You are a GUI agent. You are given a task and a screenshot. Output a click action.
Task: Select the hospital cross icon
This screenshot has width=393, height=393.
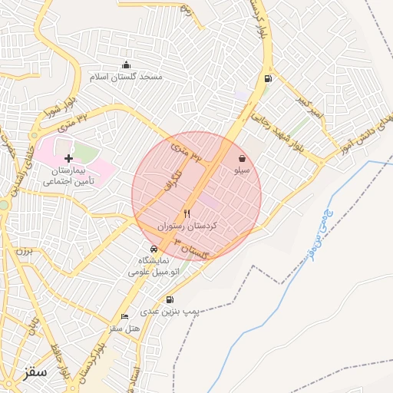pos(69,157)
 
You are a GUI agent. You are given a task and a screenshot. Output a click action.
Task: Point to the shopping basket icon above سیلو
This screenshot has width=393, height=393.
pos(242,159)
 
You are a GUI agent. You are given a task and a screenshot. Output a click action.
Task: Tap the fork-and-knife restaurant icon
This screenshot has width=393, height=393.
pos(187,213)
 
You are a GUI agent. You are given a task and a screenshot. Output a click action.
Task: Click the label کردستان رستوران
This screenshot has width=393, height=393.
pos(188,227)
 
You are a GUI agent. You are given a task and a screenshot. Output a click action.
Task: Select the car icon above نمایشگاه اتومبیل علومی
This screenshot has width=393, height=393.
pos(154,249)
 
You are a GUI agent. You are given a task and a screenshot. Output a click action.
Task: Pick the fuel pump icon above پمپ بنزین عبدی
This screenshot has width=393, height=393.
pos(170,300)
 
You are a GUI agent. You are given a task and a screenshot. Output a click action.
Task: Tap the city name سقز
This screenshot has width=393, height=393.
pos(35,373)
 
